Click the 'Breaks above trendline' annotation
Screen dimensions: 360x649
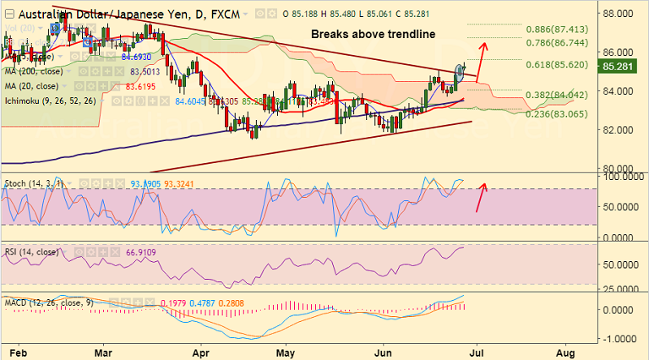point(373,35)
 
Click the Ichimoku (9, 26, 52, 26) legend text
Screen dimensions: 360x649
point(58,101)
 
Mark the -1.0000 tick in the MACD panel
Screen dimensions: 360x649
point(619,338)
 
